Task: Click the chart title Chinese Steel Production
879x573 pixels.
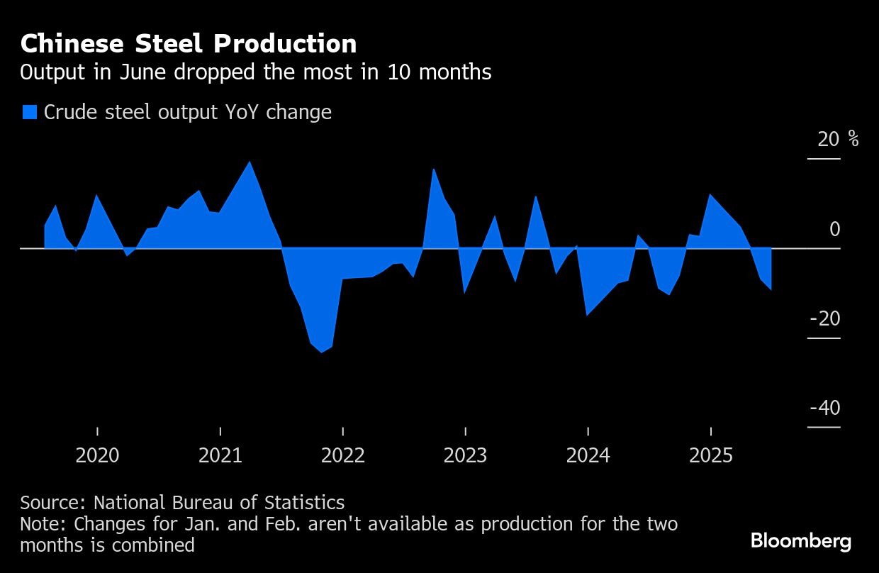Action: click(x=189, y=44)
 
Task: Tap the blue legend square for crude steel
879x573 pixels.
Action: click(x=29, y=112)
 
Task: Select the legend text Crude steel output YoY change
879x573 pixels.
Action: click(x=188, y=112)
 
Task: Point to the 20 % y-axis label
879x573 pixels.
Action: click(x=837, y=139)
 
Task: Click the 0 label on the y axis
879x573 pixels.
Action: click(x=834, y=229)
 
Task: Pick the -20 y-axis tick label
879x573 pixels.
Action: click(x=824, y=319)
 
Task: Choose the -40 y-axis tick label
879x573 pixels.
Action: click(x=824, y=408)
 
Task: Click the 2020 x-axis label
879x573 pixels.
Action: click(x=97, y=455)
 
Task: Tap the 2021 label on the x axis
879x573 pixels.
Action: click(x=220, y=455)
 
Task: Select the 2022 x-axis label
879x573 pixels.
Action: click(x=343, y=455)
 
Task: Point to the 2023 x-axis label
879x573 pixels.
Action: click(x=465, y=455)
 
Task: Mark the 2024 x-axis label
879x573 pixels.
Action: click(x=588, y=455)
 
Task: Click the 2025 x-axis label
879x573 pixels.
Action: click(x=710, y=455)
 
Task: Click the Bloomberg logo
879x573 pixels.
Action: click(x=801, y=542)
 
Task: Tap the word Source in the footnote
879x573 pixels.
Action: click(x=52, y=503)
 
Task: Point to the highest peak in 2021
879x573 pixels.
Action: click(x=250, y=162)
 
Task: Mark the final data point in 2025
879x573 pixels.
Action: click(x=771, y=289)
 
